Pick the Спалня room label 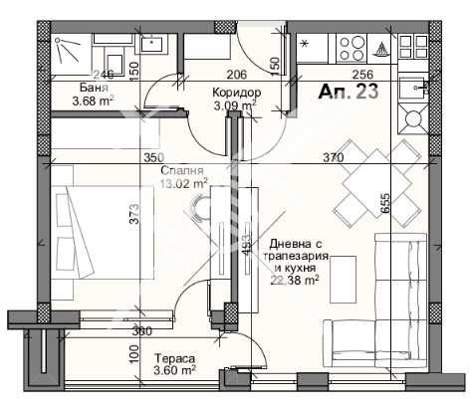pos(182,170)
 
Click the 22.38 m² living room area pos(295,281)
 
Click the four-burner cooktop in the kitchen pos(352,45)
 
